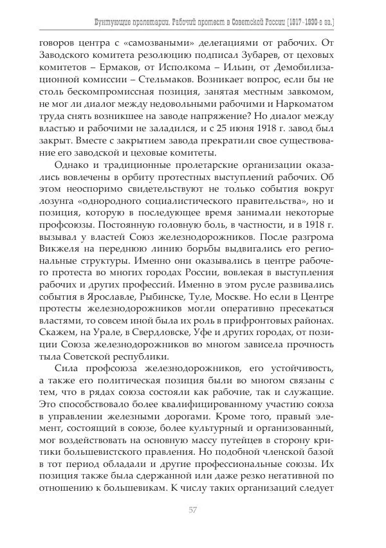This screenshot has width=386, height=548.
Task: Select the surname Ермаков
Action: point(106,75)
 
